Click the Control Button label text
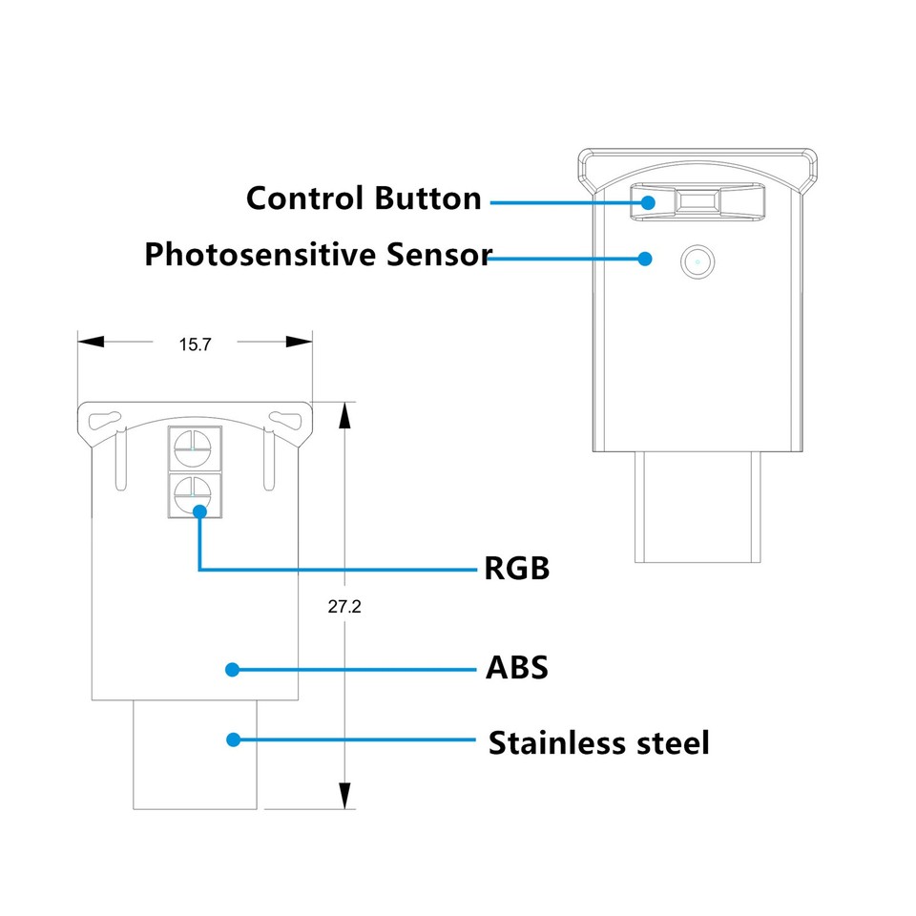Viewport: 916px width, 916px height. coord(364,198)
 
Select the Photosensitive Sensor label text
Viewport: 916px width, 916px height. coord(317,255)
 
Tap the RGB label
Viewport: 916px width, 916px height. coord(517,569)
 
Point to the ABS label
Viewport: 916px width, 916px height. coord(517,667)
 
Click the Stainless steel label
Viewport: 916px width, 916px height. coord(598,742)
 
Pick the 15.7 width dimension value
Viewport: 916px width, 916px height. coord(195,344)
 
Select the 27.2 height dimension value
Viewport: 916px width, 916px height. coord(343,606)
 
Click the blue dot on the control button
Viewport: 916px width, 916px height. coord(648,202)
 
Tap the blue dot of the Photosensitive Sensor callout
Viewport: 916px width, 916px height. coord(646,258)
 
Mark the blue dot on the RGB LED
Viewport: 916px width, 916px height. coord(199,511)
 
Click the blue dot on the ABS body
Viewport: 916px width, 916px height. coord(232,669)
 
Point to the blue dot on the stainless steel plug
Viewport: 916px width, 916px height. coord(232,739)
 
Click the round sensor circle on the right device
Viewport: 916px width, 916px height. coord(697,260)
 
